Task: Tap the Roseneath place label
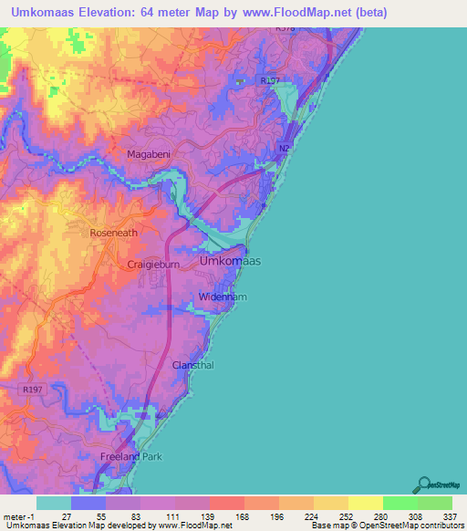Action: (x=113, y=233)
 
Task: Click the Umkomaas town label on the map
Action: (x=230, y=262)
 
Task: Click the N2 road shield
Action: (x=284, y=148)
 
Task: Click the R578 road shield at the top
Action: (x=285, y=29)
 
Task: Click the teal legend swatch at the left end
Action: (x=53, y=503)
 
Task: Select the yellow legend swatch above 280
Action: (x=365, y=503)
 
